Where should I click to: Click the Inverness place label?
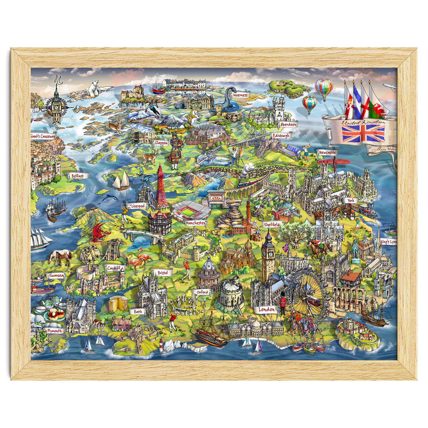tap(240, 95)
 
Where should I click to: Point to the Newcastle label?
tap(327, 152)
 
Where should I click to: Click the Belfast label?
tap(77, 176)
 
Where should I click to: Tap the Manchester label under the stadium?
tap(195, 223)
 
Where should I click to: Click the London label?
tap(267, 309)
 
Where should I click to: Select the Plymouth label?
tap(55, 331)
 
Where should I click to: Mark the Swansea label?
tap(56, 276)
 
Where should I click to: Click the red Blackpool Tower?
tap(161, 187)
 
